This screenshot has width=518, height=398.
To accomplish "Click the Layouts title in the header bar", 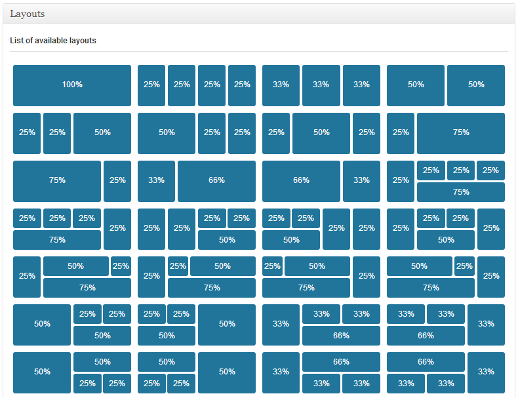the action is click(x=27, y=14).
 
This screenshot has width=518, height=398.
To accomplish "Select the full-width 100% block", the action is click(x=72, y=85).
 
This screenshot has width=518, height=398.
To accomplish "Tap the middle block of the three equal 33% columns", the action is click(x=321, y=85).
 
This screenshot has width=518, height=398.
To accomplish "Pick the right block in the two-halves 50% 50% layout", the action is click(x=476, y=85).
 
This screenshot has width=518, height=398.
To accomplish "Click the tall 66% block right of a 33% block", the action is click(x=216, y=182).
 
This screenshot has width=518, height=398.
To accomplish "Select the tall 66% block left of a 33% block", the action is click(x=301, y=182).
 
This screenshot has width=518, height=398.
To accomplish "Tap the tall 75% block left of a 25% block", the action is click(x=57, y=182).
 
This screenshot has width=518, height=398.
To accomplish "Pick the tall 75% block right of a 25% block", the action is click(x=461, y=134).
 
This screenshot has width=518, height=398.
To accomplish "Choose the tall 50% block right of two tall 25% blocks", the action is click(x=102, y=134).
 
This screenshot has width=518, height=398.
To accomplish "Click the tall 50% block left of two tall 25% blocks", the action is click(x=167, y=134).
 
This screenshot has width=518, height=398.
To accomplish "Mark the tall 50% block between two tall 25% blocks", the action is click(x=321, y=134).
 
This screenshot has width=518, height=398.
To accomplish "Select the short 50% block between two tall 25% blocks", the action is click(x=446, y=240).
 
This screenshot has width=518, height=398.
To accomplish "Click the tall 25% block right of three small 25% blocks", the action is click(x=117, y=229).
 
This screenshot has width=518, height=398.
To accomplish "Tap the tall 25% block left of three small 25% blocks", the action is click(x=401, y=182).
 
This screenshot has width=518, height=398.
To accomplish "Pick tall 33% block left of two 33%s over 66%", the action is click(x=281, y=325).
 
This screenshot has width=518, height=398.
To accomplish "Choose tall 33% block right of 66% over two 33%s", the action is click(x=486, y=373).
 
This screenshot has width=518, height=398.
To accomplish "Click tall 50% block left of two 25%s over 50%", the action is click(x=42, y=325).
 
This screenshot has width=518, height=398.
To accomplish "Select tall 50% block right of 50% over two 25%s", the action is click(x=227, y=373).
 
